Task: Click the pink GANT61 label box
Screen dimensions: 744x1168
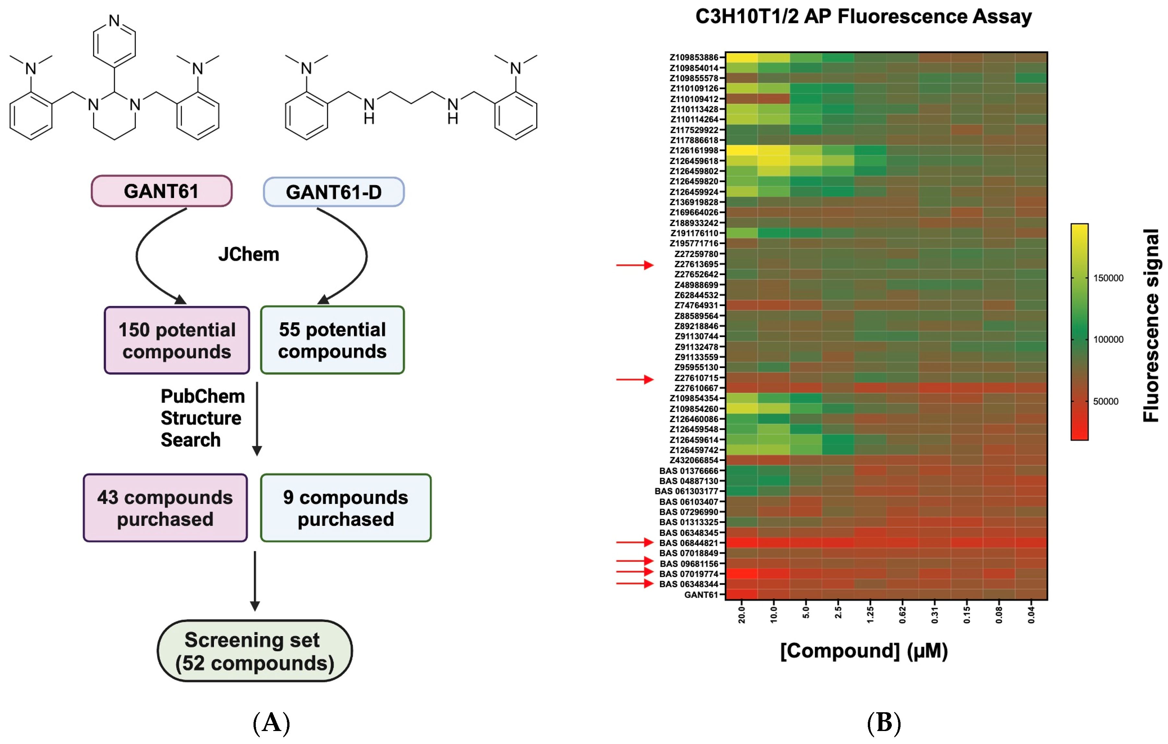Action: tap(161, 191)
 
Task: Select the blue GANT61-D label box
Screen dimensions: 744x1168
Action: tap(334, 192)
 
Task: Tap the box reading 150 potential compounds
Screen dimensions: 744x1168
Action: tap(177, 340)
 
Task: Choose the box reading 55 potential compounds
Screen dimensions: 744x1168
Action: tap(332, 340)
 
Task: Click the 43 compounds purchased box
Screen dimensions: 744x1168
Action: tap(165, 508)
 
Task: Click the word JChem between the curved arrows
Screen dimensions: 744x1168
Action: tap(248, 254)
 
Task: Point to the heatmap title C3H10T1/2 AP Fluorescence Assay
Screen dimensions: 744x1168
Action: tap(863, 17)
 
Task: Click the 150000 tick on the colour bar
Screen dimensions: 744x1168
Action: tap(1108, 278)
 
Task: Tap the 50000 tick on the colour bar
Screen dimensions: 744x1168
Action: tap(1105, 402)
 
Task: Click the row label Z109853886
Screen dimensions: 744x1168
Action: tap(694, 57)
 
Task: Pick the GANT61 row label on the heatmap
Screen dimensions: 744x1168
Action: tap(701, 595)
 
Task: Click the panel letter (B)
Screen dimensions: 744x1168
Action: tap(884, 723)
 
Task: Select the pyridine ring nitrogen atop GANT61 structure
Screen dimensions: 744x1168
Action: tap(114, 20)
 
